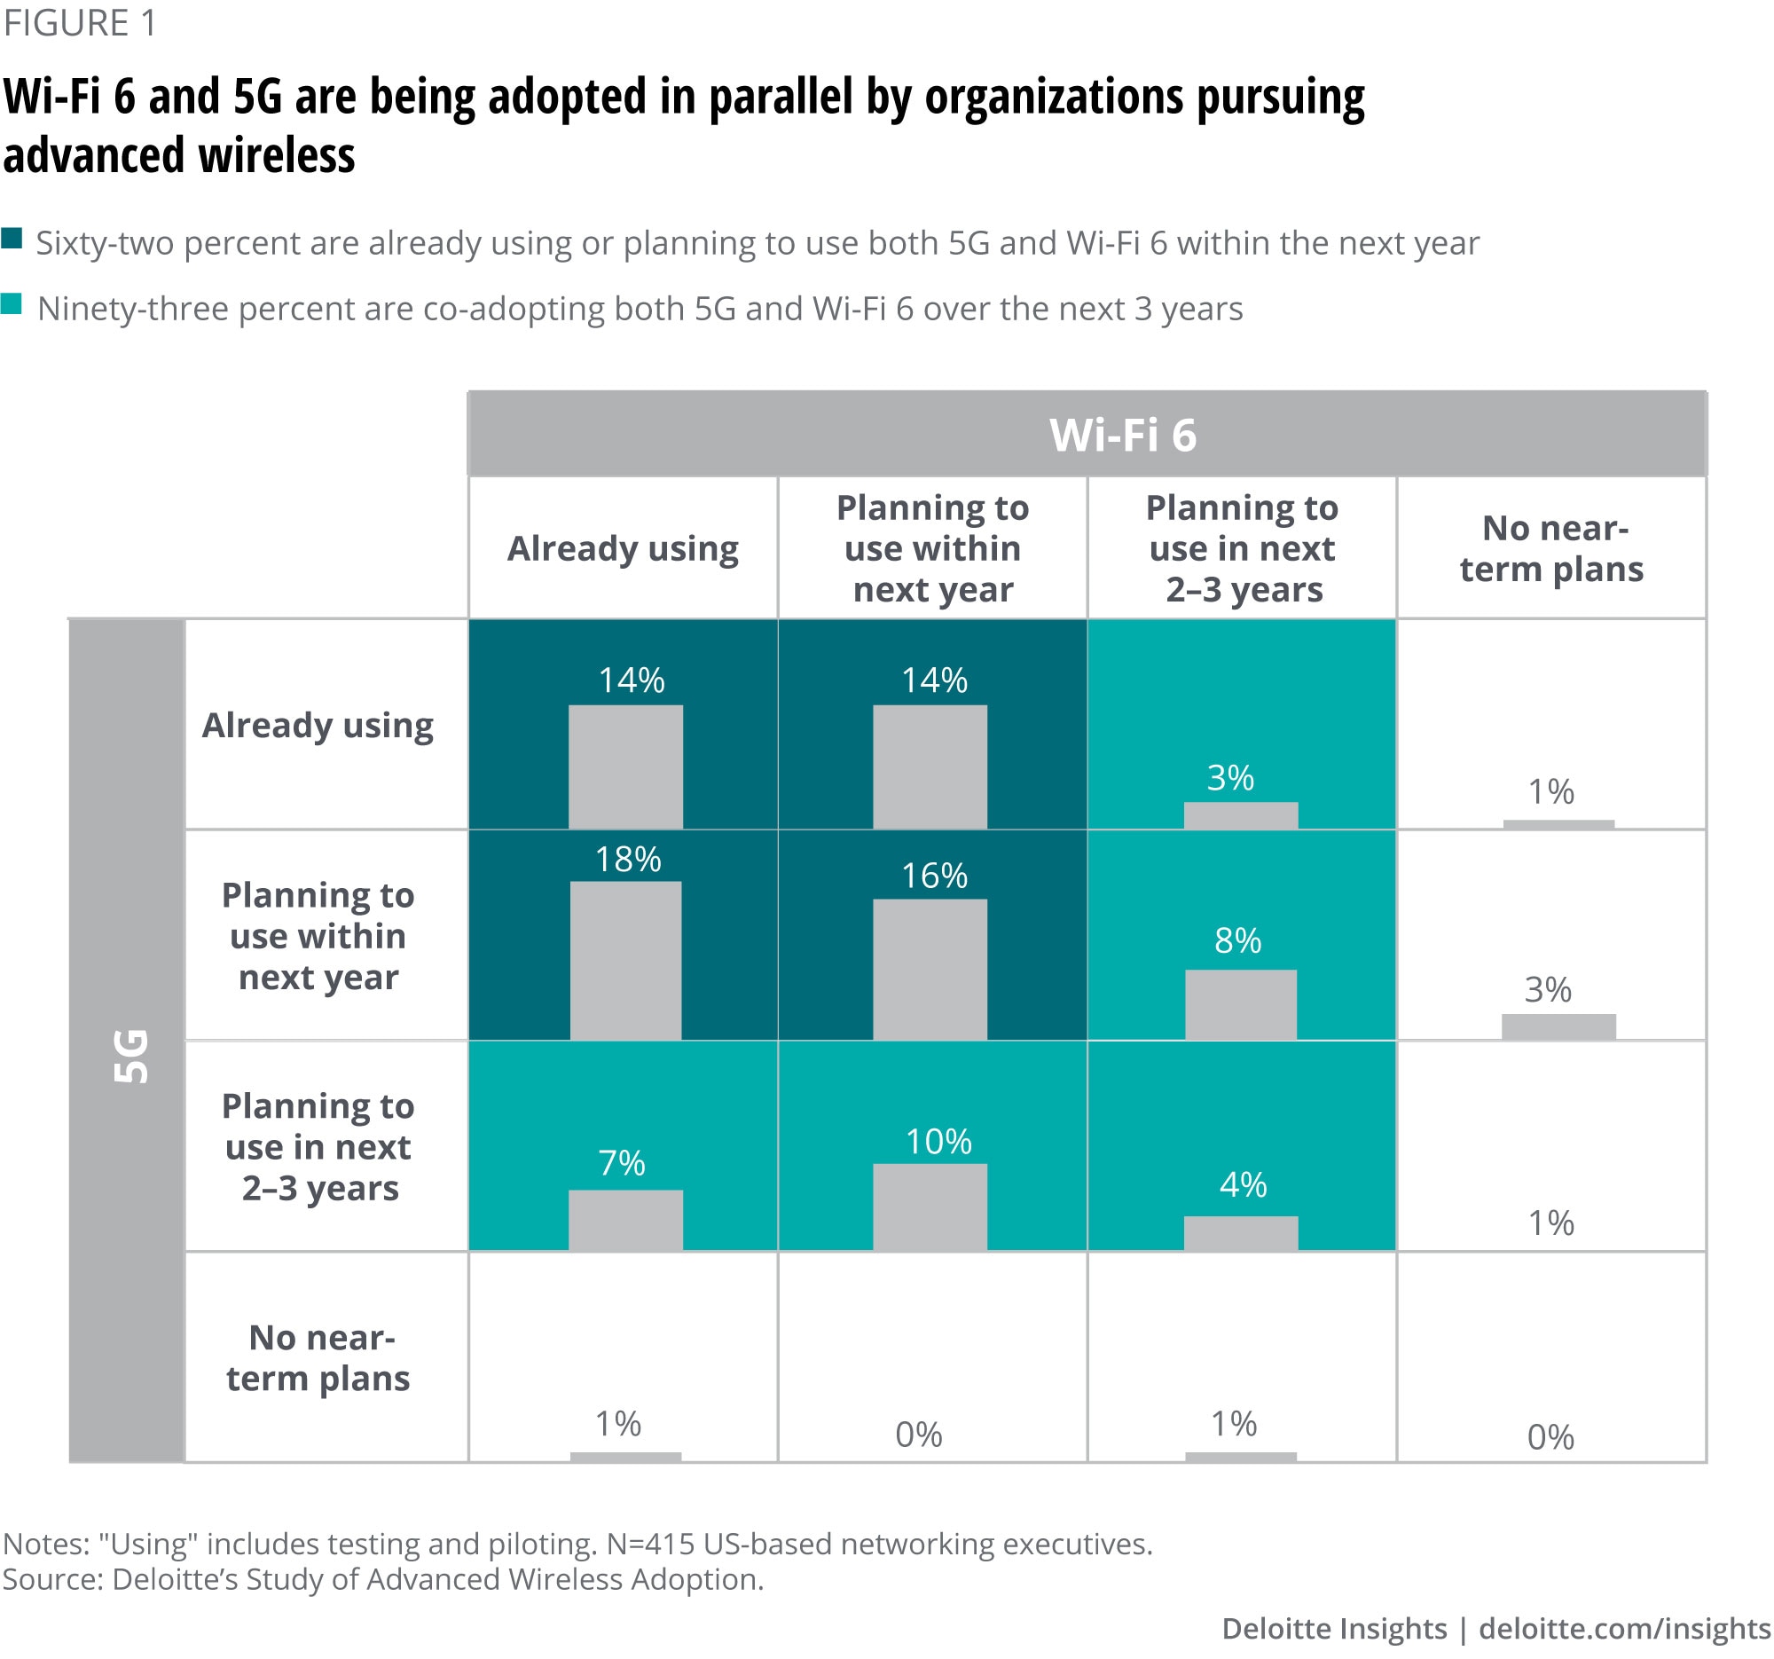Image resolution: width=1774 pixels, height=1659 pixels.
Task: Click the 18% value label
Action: click(x=628, y=860)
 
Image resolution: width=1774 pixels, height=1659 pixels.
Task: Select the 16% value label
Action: click(x=933, y=876)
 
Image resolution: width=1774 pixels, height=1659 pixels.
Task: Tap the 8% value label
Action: click(x=1237, y=940)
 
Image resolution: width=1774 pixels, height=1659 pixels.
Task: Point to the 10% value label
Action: click(x=938, y=1142)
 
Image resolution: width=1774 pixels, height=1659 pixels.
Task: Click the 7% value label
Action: click(x=622, y=1163)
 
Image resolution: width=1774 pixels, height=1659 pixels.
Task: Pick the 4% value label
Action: click(x=1243, y=1184)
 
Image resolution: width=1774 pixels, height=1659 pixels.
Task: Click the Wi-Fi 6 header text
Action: click(x=1123, y=436)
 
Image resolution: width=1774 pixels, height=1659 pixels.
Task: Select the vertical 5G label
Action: click(x=131, y=1056)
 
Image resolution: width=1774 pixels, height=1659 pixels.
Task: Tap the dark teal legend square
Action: click(x=12, y=239)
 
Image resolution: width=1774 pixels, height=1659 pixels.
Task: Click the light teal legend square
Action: click(x=12, y=304)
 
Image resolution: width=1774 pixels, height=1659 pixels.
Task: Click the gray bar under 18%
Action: click(x=625, y=960)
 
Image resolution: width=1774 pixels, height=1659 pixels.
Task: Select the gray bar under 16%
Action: click(x=930, y=969)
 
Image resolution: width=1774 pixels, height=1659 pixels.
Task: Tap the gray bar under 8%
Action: click(x=1240, y=1004)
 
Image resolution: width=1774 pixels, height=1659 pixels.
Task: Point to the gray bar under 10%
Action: click(x=930, y=1207)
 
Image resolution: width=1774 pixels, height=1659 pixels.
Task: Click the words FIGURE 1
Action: click(x=81, y=23)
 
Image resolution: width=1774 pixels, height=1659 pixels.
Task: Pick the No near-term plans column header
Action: click(x=1551, y=548)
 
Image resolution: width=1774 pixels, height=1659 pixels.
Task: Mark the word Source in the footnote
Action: click(x=51, y=1578)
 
